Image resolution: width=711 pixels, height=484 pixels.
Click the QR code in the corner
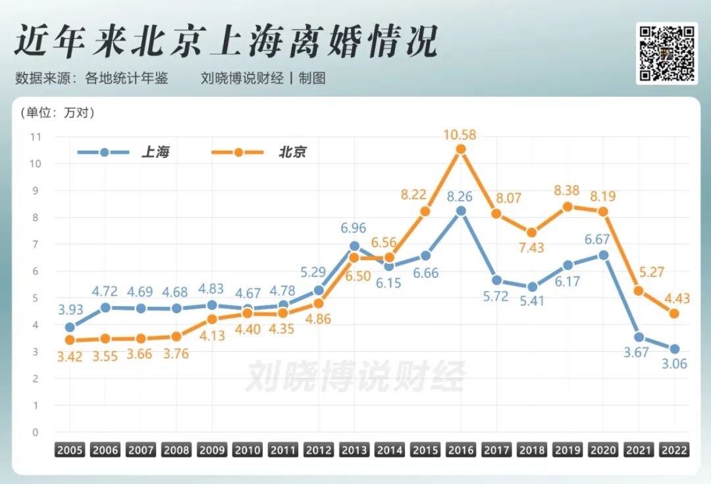(666, 53)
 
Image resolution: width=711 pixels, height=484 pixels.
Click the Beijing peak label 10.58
(461, 135)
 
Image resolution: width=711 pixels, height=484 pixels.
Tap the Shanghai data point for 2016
(461, 211)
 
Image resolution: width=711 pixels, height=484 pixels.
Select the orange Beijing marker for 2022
(674, 313)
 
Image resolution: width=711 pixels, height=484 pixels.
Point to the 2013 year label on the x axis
(354, 450)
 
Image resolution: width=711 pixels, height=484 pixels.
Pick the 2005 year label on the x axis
(70, 450)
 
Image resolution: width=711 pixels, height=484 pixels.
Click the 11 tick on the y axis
(36, 137)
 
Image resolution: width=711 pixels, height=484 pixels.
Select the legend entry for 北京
(259, 152)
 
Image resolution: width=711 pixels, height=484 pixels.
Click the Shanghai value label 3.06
(674, 364)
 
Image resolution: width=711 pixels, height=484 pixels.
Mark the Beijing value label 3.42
(70, 358)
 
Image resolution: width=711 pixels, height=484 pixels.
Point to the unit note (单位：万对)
(58, 113)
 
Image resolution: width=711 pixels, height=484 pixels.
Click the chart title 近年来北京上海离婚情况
(225, 43)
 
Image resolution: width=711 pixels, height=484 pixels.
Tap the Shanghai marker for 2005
(70, 327)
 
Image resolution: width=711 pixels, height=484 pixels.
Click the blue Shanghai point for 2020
(603, 255)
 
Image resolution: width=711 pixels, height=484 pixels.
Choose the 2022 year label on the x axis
(674, 450)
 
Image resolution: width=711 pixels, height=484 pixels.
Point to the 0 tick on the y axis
(36, 433)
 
